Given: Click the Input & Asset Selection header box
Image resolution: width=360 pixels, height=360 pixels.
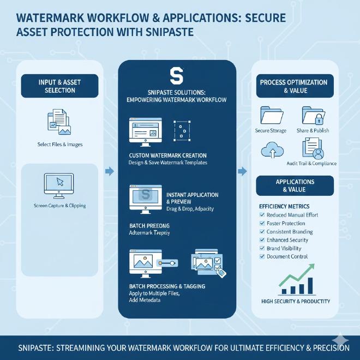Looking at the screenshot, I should point(60,86).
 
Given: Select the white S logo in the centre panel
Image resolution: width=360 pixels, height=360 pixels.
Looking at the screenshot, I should point(177,74).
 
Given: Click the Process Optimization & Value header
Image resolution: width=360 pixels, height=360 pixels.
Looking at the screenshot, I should point(295,86).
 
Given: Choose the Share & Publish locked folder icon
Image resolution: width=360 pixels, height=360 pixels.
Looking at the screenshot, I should point(311,116).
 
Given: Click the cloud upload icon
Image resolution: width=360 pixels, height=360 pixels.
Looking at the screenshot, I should point(271,149).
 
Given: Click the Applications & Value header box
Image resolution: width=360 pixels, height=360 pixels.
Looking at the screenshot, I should point(295,185).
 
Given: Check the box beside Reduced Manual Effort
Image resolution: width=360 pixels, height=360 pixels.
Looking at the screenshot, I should point(261,215).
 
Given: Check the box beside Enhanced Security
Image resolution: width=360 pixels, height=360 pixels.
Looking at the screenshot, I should point(261,240).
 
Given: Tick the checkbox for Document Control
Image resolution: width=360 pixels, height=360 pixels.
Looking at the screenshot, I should point(261,256).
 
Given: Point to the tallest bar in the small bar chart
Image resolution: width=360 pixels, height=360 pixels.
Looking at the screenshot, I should point(311,285).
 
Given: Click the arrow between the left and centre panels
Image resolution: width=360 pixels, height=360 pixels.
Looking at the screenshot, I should point(109,172).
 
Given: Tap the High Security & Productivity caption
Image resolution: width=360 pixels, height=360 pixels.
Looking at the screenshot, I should point(295,301).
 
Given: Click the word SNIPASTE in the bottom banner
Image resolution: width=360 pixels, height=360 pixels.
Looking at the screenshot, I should point(38,348).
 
